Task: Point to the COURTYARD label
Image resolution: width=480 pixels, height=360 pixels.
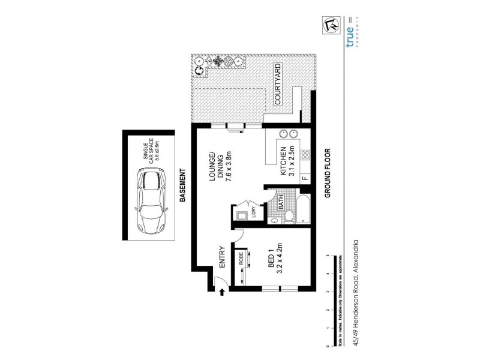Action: [x=278, y=84]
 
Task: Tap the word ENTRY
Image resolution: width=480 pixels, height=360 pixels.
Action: [x=221, y=257]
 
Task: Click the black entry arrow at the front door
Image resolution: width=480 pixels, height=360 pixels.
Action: [x=223, y=292]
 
